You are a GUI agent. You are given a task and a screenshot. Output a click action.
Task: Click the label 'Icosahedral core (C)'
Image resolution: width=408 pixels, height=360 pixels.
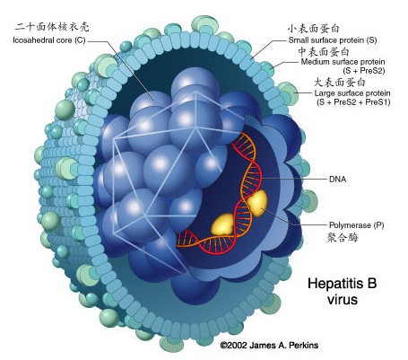pos(49,40)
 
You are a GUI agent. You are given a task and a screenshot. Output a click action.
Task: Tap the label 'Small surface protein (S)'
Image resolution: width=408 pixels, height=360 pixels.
pos(333,40)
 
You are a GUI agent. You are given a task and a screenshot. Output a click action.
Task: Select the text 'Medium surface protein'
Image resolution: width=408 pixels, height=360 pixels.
pos(343,62)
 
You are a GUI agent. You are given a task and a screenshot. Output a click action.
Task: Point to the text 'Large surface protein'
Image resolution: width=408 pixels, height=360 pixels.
pos(352,93)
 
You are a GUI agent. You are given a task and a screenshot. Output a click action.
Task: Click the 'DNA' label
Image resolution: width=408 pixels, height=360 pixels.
pos(337,180)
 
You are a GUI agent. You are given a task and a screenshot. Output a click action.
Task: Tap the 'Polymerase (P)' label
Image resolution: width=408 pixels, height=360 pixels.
pos(357,225)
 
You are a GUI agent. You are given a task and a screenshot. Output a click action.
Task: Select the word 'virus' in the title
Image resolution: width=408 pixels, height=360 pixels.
pos(343,300)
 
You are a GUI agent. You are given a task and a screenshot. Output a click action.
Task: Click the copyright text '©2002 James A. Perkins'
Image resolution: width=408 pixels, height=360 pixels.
pos(269,345)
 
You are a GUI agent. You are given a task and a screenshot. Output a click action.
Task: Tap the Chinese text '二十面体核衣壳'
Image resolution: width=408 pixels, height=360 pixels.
pos(52,27)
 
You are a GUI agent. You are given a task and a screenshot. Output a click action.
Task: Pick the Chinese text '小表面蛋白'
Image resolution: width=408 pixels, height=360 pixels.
pos(314,29)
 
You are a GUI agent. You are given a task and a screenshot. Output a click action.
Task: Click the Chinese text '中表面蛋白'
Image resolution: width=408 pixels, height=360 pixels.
pos(324,51)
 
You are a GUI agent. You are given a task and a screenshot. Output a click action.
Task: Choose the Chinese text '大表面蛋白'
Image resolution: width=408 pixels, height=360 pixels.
pos(340,82)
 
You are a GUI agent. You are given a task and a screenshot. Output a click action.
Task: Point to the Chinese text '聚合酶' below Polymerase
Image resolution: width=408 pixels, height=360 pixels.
pos(343,238)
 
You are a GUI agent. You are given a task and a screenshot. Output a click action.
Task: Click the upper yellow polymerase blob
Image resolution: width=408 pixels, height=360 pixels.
pos(257,203)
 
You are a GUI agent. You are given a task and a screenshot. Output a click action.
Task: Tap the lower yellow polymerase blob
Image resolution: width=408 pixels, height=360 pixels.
pos(222,224)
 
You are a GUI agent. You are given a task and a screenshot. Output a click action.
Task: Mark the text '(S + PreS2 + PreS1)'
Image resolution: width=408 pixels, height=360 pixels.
pos(353,102)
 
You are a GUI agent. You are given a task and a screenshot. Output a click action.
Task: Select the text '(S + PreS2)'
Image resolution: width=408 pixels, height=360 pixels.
pos(364,71)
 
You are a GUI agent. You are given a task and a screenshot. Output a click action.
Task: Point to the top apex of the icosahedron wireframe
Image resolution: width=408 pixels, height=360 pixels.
pos(195,92)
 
